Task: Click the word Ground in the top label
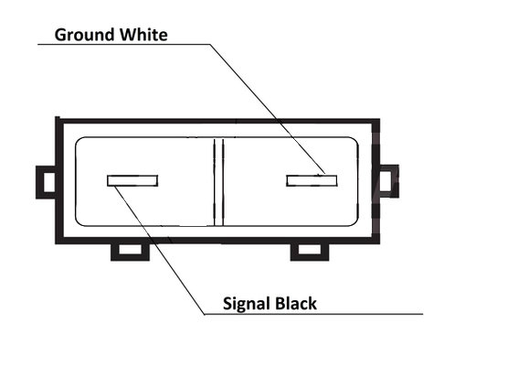point(85,35)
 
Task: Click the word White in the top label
point(143,35)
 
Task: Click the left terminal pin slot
point(132,180)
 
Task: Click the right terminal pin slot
point(312,180)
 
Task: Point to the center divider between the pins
point(218,182)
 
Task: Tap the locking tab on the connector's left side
point(46,182)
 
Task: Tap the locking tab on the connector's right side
point(389,181)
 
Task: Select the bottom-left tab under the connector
point(130,253)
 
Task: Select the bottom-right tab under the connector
point(310,253)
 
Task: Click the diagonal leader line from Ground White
point(268,109)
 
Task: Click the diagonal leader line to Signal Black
point(160,250)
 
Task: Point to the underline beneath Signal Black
point(314,314)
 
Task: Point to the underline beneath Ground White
point(124,44)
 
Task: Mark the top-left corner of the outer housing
point(56,118)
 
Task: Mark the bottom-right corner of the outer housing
point(378,242)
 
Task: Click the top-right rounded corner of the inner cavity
point(354,140)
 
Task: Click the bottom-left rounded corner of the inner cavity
point(79,222)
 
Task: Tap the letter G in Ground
point(61,35)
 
